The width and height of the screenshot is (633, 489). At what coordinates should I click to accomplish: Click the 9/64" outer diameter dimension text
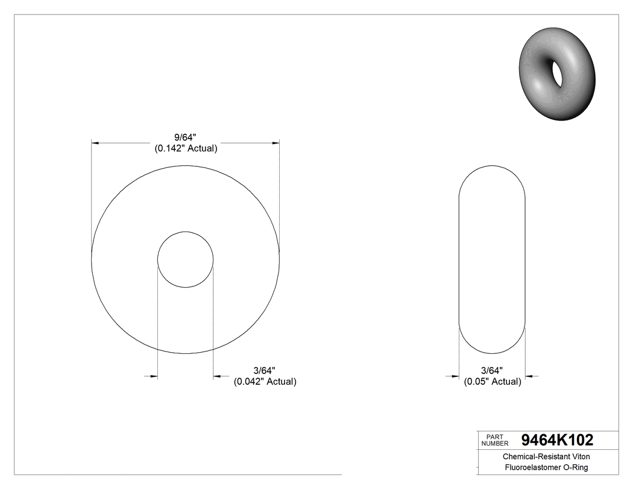tap(186, 137)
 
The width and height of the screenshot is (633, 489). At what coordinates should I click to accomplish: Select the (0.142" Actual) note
tap(186, 148)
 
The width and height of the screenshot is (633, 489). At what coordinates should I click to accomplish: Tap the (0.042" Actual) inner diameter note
tap(265, 381)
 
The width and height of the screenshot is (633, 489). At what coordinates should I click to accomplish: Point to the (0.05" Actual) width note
tap(493, 381)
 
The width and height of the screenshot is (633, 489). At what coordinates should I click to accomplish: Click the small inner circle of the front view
tap(185, 259)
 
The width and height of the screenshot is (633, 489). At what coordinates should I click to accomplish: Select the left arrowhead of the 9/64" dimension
tap(94, 143)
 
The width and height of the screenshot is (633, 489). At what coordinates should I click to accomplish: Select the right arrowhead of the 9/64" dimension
tap(276, 143)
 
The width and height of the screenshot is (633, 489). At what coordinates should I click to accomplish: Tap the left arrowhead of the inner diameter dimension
tap(154, 376)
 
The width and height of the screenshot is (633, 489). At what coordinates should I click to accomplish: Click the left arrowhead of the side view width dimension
tap(456, 376)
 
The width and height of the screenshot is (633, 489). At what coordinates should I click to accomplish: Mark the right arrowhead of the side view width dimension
tap(529, 376)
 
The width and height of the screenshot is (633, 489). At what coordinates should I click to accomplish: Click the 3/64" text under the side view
tap(493, 370)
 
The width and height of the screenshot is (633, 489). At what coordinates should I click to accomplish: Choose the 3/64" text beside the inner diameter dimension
tap(265, 370)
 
